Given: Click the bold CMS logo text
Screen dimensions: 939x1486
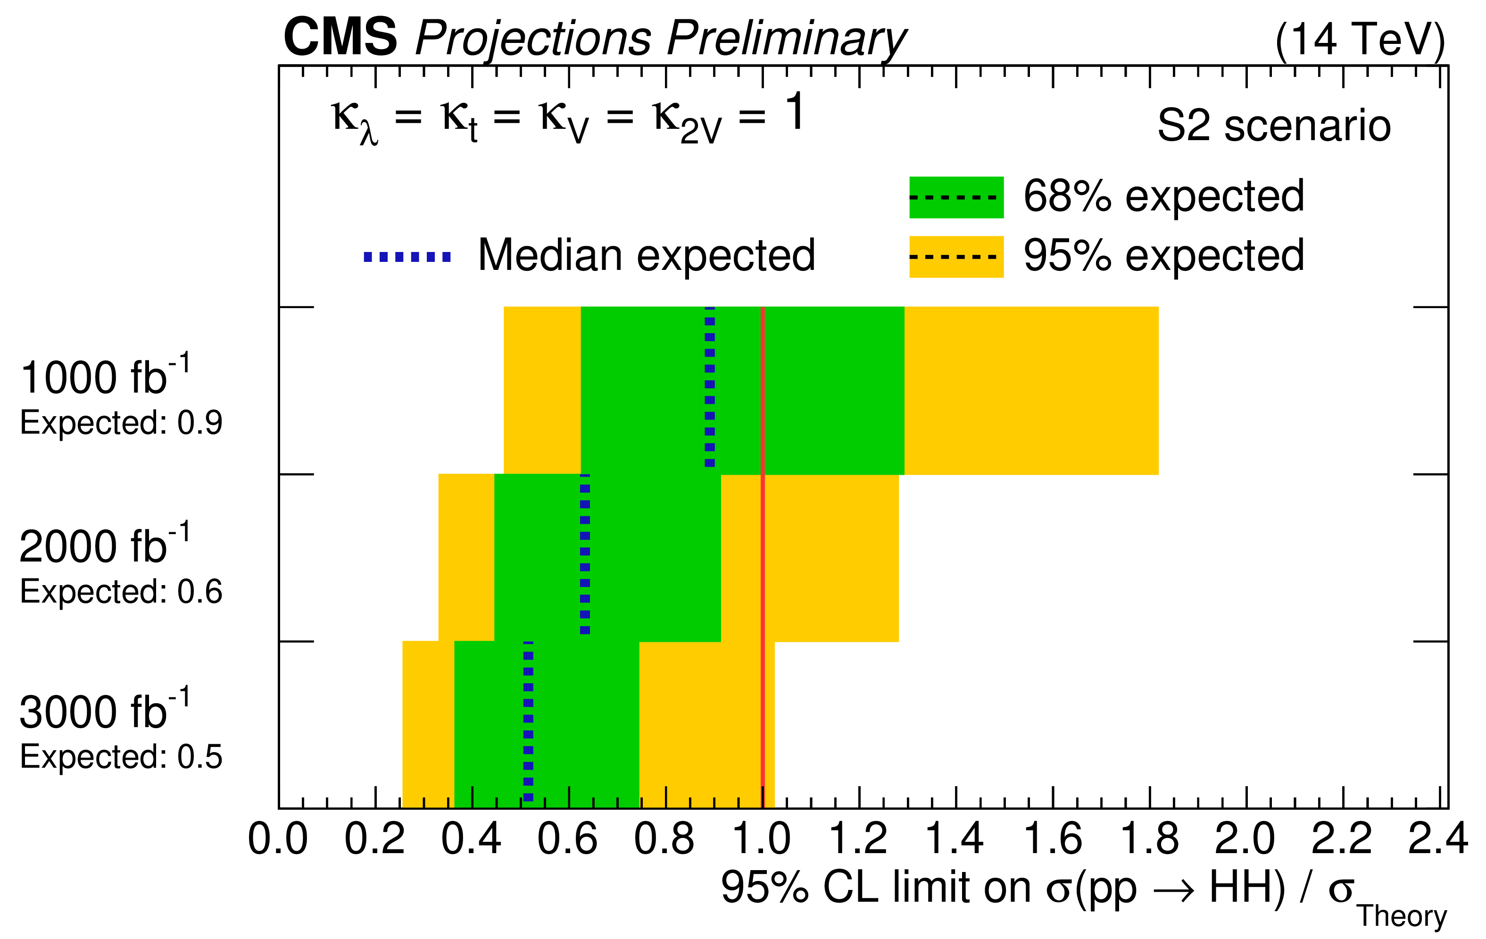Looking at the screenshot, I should [x=340, y=38].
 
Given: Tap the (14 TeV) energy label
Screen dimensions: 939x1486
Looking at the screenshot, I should [x=1360, y=41].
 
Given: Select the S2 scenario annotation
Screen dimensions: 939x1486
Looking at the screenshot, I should [x=1274, y=126].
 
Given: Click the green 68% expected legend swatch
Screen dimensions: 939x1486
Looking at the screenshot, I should [x=956, y=198].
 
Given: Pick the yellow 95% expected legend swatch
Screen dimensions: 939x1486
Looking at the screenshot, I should [x=956, y=257].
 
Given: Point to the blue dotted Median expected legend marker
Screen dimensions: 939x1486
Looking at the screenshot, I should [x=407, y=257].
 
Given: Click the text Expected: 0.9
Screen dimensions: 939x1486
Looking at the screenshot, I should [x=121, y=424].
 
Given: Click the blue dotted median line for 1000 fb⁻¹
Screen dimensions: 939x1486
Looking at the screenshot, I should [x=710, y=389].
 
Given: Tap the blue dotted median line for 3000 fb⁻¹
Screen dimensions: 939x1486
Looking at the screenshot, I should [x=528, y=722].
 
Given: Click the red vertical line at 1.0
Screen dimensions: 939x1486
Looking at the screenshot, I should [x=763, y=556].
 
